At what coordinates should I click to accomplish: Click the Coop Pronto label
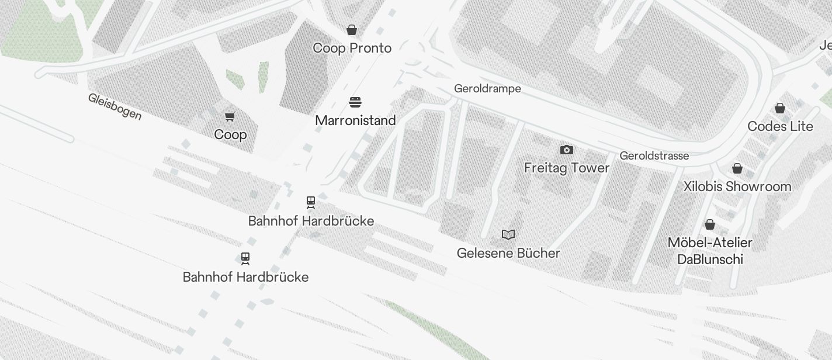click(x=352, y=48)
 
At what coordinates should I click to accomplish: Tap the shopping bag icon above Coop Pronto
click(x=352, y=30)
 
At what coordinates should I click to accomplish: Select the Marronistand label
click(x=355, y=120)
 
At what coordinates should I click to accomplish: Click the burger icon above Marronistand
click(x=355, y=103)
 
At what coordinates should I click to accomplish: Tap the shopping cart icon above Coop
click(x=230, y=117)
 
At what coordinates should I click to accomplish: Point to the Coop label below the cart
click(x=230, y=134)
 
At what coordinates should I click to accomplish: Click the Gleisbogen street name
click(x=115, y=106)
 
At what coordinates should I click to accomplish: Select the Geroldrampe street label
click(x=487, y=89)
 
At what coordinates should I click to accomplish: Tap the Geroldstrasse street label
click(x=654, y=156)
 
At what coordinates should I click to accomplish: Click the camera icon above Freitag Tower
click(x=566, y=150)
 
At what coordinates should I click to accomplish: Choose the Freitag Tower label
click(x=566, y=168)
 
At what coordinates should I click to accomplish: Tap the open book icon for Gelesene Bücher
click(x=508, y=235)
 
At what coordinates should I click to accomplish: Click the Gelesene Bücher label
click(x=508, y=253)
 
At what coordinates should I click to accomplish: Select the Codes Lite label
click(x=780, y=126)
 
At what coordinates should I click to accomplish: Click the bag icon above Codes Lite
click(x=779, y=108)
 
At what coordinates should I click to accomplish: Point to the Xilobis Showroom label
click(x=737, y=186)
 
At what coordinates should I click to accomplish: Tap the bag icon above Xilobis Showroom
click(x=737, y=168)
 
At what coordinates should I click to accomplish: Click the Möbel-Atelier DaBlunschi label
click(x=710, y=251)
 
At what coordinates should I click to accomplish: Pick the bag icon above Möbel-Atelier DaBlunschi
click(x=710, y=224)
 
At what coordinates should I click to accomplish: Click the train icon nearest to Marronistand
click(x=311, y=203)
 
